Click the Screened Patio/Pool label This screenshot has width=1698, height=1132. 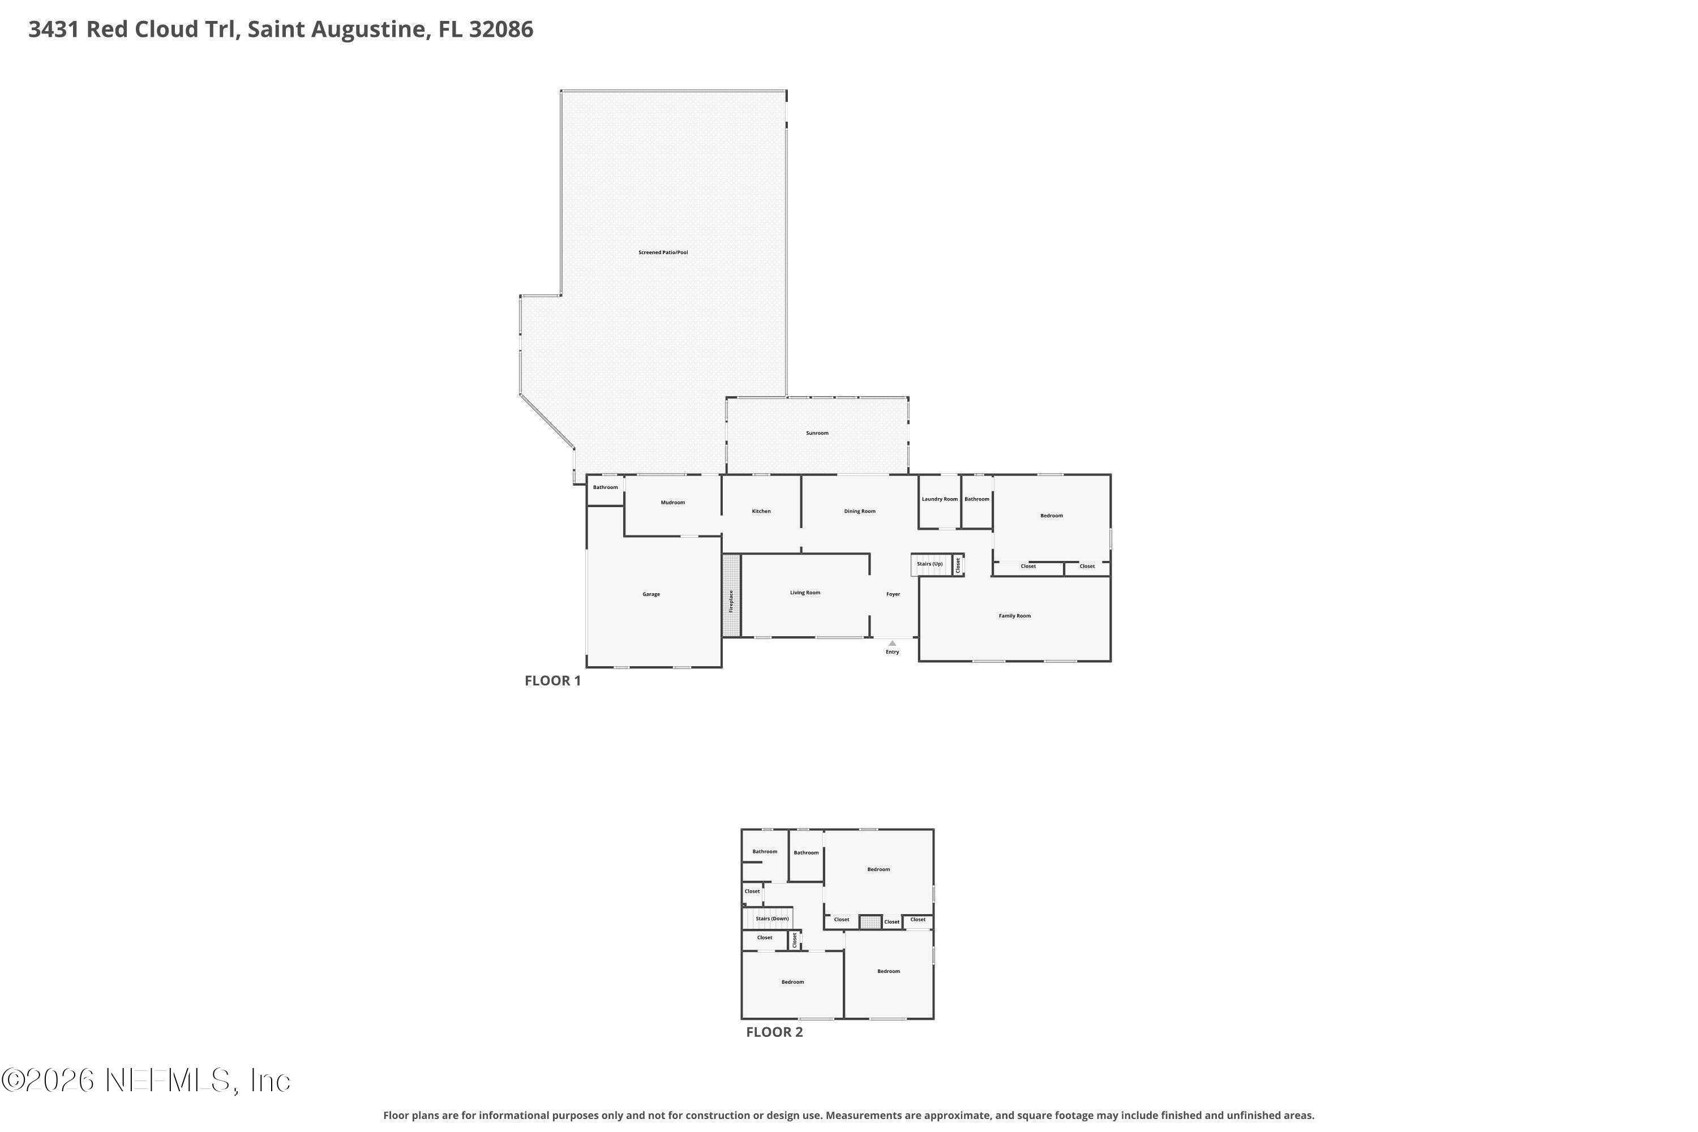pyautogui.click(x=663, y=252)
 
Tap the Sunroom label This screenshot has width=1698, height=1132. pyautogui.click(x=817, y=433)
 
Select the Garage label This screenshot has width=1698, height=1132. pyautogui.click(x=651, y=594)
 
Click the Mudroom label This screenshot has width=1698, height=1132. pyautogui.click(x=673, y=503)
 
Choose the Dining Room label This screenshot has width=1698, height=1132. pyautogui.click(x=860, y=511)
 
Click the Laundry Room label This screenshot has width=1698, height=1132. pyautogui.click(x=940, y=499)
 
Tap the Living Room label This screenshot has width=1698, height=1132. pyautogui.click(x=805, y=593)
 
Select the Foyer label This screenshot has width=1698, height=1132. pyautogui.click(x=893, y=594)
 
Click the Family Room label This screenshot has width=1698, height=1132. pyautogui.click(x=1014, y=616)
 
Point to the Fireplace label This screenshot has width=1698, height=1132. pyautogui.click(x=731, y=601)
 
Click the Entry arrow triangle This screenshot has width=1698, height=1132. pyautogui.click(x=893, y=643)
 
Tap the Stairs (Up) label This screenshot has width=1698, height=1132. pyautogui.click(x=930, y=564)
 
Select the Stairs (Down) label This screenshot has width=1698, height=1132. pyautogui.click(x=773, y=919)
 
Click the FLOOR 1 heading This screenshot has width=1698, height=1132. pyautogui.click(x=553, y=681)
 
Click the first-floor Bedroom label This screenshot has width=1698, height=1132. pyautogui.click(x=1051, y=516)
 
